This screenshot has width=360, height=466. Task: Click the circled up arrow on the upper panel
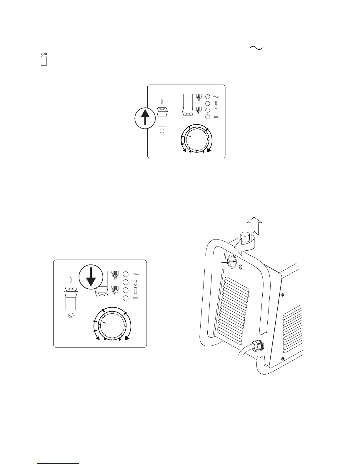tap(145, 118)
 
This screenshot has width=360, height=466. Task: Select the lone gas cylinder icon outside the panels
tap(44, 59)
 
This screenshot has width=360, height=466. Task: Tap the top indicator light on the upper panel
tap(207, 96)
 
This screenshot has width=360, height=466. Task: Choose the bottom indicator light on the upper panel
tap(207, 117)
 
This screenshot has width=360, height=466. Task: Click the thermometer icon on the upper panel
tap(216, 103)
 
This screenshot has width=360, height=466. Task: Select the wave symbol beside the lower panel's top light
tap(136, 274)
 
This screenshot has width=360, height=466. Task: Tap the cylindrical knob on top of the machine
tap(245, 237)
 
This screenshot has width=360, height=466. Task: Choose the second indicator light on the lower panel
tap(126, 282)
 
